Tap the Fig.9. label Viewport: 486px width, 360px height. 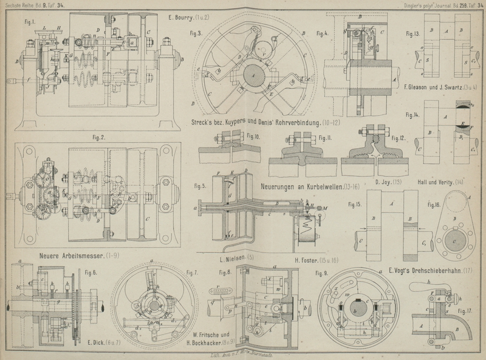pyautogui.click(x=321, y=273)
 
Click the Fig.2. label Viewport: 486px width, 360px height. pyautogui.click(x=99, y=137)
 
